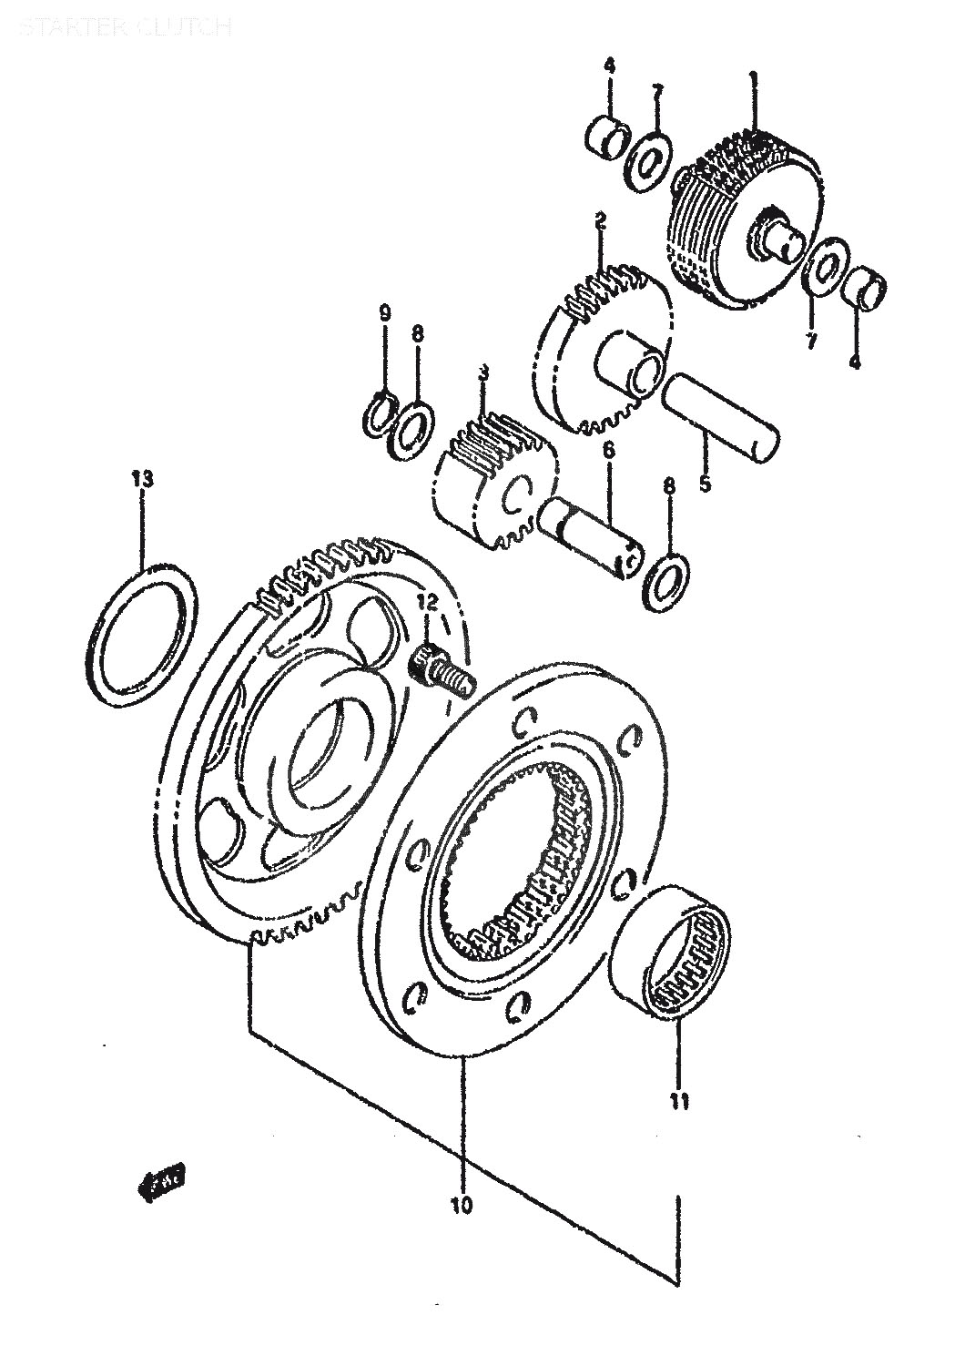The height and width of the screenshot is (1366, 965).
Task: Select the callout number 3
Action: [483, 373]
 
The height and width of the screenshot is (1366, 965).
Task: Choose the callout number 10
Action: [462, 1206]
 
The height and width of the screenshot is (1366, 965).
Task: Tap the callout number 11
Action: [679, 1102]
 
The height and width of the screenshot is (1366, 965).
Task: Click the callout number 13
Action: [142, 479]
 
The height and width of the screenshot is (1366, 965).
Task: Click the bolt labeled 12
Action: [440, 669]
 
